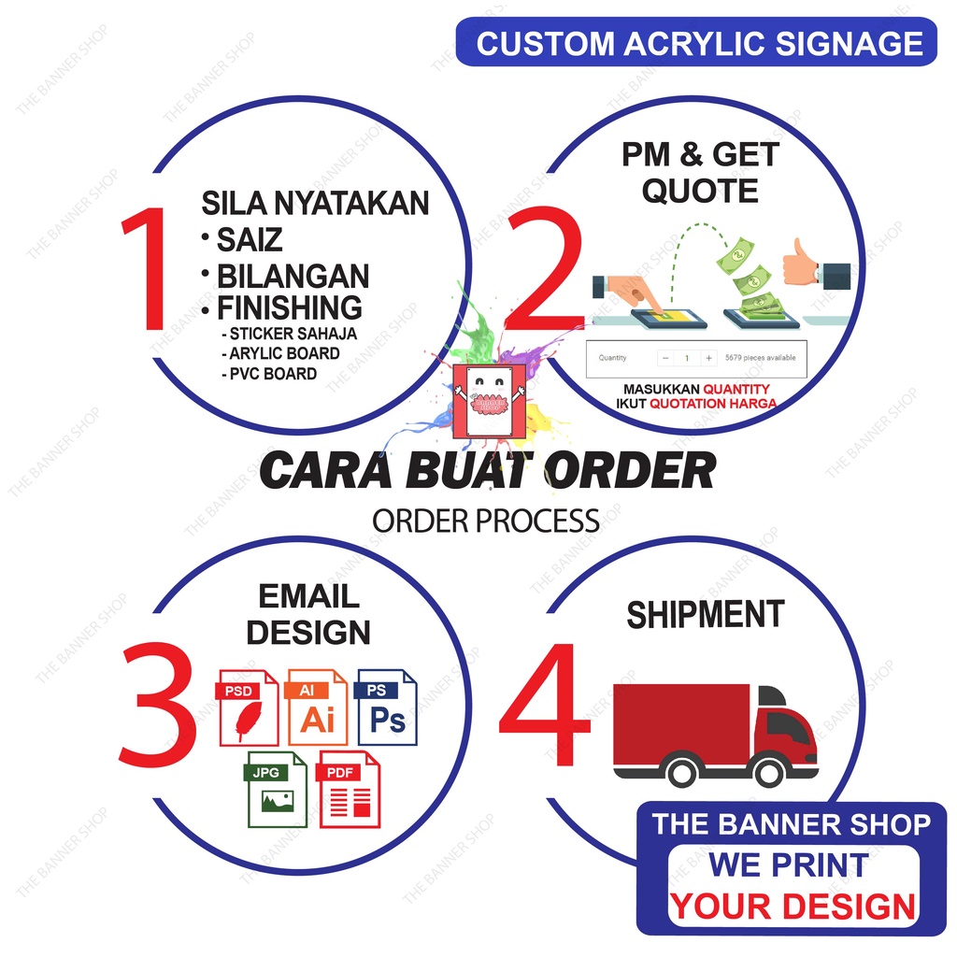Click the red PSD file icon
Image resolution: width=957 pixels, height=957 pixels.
(x=249, y=707)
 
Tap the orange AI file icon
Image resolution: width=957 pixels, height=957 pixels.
(x=317, y=707)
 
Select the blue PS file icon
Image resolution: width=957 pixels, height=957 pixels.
(x=387, y=707)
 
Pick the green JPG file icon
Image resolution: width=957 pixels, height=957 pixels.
(x=277, y=790)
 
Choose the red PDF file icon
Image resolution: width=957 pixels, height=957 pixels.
(x=350, y=790)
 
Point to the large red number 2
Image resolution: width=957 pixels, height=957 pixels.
(x=544, y=271)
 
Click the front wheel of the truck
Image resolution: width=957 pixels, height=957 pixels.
(x=768, y=771)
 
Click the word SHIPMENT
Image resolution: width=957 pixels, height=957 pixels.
(x=705, y=615)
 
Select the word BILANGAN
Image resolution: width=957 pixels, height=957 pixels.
(x=293, y=277)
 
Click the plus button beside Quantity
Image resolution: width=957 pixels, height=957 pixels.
(x=709, y=358)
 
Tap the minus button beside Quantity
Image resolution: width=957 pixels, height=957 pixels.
(x=664, y=358)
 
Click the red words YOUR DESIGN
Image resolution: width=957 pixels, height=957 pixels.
(x=793, y=906)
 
